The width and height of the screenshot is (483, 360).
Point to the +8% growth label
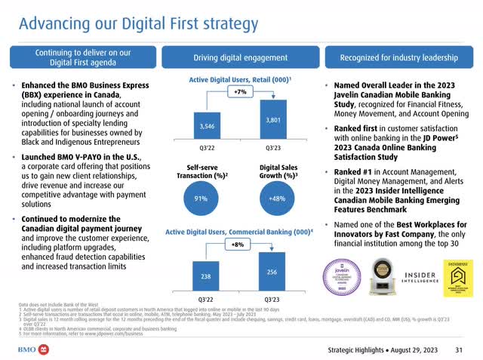[x=238, y=245]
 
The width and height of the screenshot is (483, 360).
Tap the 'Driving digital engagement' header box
[x=239, y=57]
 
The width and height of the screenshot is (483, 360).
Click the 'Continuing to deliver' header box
[x=83, y=57]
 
